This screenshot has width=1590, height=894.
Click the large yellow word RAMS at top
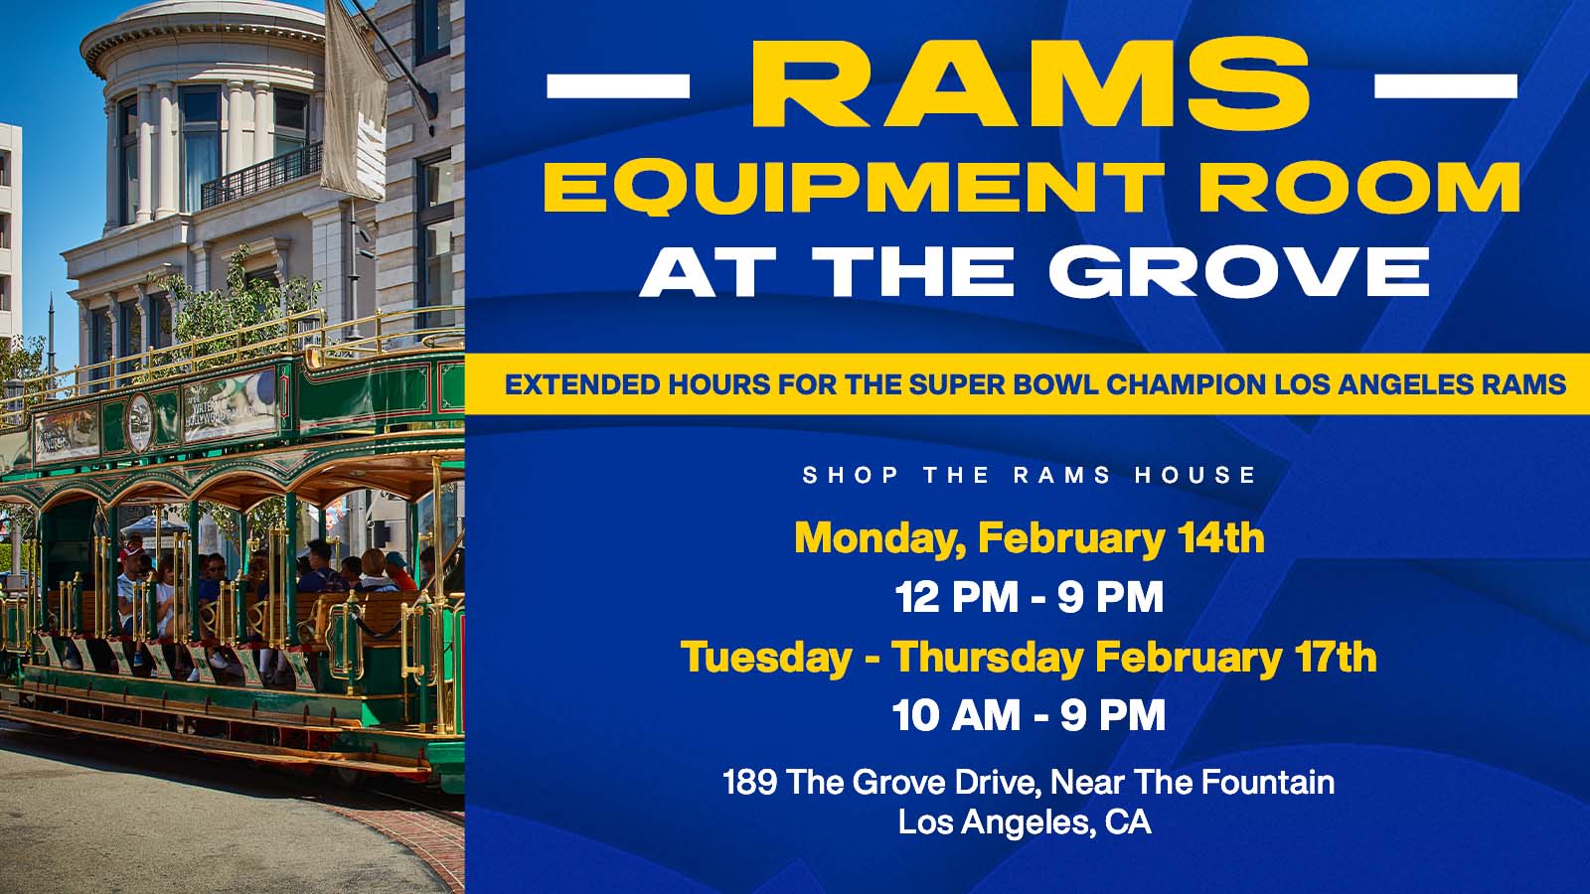[1032, 83]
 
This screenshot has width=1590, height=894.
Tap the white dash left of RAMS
[618, 85]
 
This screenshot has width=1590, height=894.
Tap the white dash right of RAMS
[1446, 85]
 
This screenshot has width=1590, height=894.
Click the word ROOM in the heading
[1359, 188]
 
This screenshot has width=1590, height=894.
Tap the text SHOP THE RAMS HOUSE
[1030, 475]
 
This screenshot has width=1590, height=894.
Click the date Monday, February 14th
[1030, 538]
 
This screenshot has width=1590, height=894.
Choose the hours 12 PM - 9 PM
[1030, 597]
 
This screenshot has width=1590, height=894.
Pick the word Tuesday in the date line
[766, 657]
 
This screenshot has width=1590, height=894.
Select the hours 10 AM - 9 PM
[1030, 714]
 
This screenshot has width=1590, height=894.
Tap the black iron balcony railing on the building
[261, 175]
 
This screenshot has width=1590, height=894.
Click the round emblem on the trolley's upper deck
[140, 422]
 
